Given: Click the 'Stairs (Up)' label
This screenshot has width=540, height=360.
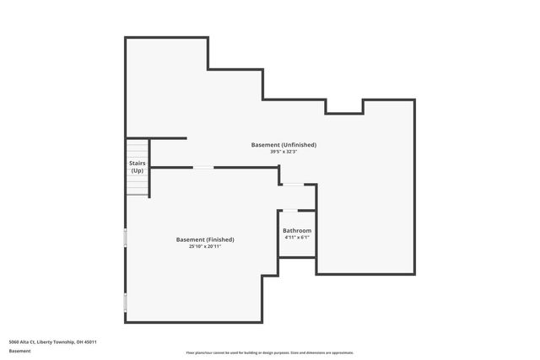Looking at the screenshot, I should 137,166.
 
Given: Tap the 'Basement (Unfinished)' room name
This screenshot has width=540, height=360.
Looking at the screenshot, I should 283,145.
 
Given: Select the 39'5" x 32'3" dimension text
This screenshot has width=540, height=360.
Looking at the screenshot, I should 283,153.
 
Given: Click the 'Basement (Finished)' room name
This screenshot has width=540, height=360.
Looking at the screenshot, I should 205,239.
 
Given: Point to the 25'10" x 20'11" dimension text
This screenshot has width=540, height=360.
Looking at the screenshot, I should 205,247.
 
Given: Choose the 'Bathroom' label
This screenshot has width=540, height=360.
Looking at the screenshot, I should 297,230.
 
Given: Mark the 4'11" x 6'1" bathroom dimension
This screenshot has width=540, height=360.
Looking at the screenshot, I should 297,238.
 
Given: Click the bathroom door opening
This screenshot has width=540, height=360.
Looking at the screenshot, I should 289,210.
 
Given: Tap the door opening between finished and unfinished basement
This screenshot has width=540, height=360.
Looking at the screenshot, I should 203,168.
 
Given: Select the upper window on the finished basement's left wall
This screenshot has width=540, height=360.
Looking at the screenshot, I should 126,238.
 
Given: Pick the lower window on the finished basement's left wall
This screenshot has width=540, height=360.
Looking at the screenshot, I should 126,302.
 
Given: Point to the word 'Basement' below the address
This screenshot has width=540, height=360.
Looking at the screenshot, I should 19,351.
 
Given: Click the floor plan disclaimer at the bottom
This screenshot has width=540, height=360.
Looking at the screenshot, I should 270,352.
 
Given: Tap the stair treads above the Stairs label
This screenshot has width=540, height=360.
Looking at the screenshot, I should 137,148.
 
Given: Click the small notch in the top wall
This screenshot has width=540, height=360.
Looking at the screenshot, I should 345,107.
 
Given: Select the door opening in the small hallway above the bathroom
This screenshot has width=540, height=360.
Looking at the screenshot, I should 293,185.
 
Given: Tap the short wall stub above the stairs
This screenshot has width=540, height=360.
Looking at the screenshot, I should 169,138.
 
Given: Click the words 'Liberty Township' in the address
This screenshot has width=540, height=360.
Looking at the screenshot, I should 57,342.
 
